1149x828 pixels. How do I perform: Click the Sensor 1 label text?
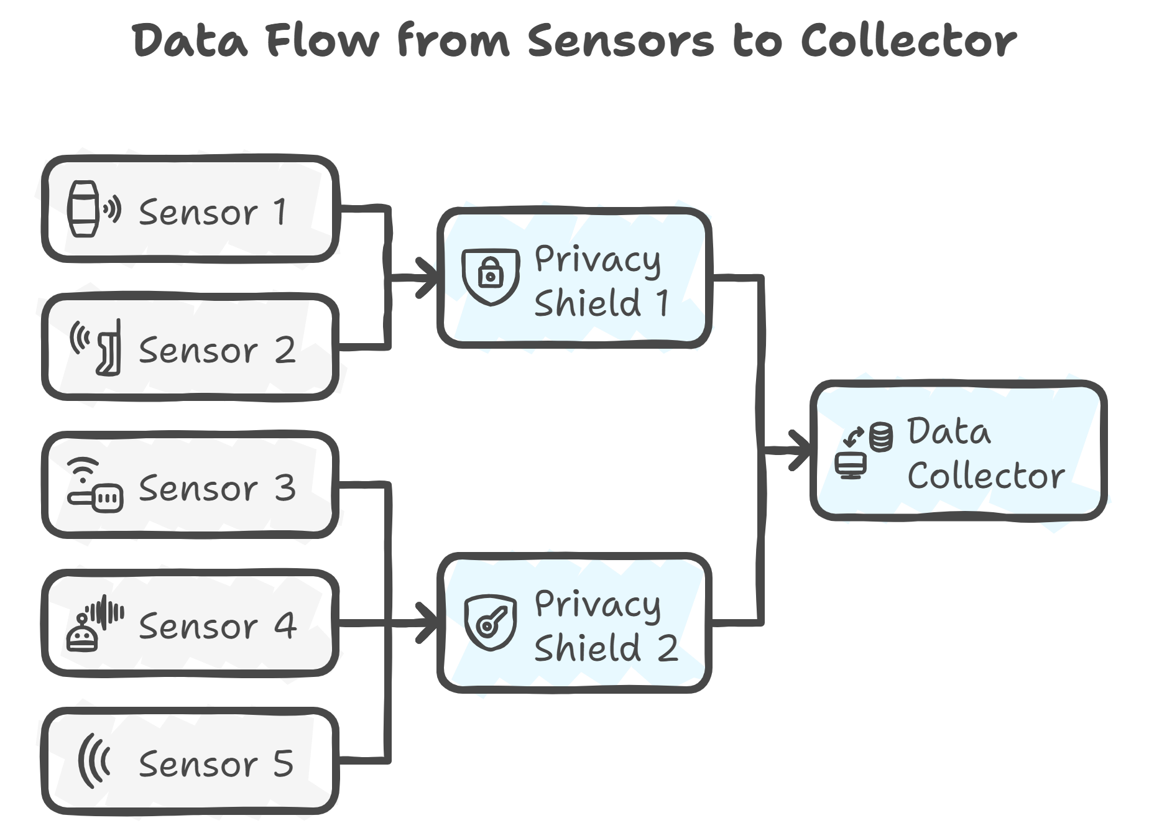[x=213, y=213]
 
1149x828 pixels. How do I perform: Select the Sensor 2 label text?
[x=217, y=351]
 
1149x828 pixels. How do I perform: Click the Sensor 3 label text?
[x=217, y=489]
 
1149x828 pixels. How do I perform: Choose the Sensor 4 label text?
[x=217, y=626]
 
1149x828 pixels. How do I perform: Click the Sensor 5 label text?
[x=216, y=764]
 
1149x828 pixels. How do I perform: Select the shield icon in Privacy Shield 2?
[x=491, y=622]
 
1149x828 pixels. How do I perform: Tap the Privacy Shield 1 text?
[x=601, y=282]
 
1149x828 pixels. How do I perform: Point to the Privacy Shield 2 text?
[x=604, y=626]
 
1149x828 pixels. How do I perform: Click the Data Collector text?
[x=985, y=454]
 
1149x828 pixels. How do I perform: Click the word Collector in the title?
[x=908, y=41]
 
